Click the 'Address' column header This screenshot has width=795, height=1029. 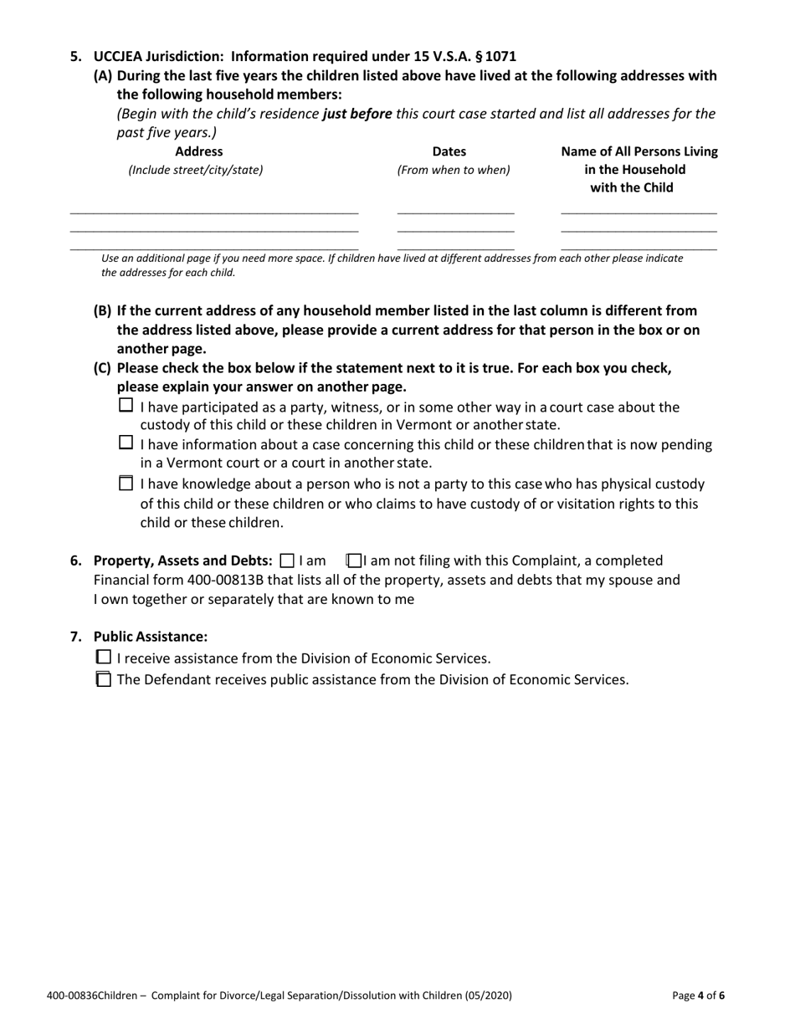199,151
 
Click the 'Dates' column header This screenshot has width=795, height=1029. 449,151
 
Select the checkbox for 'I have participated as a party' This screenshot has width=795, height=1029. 126,406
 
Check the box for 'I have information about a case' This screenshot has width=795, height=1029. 126,443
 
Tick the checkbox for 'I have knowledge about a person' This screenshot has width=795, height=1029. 126,483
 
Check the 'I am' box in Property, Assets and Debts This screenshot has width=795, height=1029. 288,561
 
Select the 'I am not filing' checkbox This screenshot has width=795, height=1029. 354,561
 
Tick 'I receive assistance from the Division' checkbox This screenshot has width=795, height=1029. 104,658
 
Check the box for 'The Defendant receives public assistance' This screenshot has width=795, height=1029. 104,679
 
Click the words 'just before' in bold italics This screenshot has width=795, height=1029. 357,113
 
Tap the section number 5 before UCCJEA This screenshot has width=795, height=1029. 76,57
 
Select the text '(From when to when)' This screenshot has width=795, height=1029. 453,170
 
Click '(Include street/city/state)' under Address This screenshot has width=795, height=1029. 195,170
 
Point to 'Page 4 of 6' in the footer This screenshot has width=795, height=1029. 698,996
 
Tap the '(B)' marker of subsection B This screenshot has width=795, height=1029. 102,310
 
